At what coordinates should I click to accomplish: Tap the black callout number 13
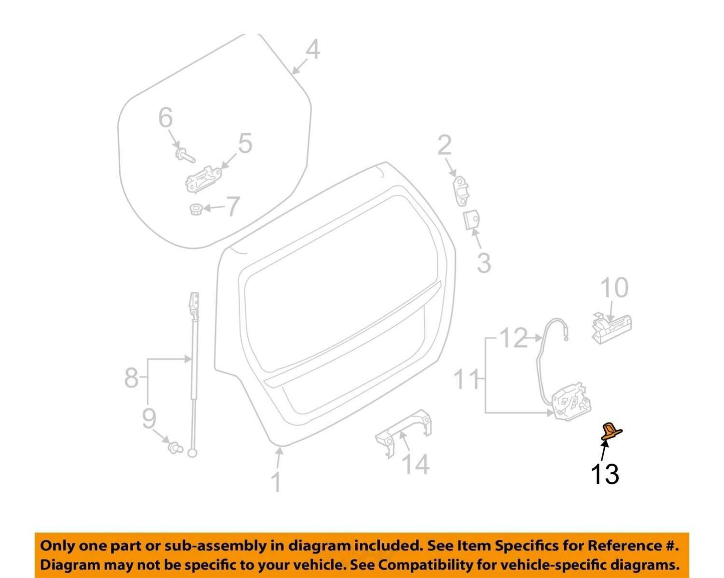pyautogui.click(x=605, y=474)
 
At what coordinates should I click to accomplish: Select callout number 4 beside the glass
pyautogui.click(x=313, y=50)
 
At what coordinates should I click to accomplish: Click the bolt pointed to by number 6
pyautogui.click(x=185, y=155)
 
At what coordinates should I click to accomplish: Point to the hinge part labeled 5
pyautogui.click(x=204, y=180)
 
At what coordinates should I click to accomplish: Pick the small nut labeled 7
pyautogui.click(x=195, y=210)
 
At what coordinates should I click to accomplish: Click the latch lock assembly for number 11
pyautogui.click(x=571, y=402)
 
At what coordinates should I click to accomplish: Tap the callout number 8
pyautogui.click(x=132, y=377)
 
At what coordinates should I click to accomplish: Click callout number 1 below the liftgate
pyautogui.click(x=276, y=483)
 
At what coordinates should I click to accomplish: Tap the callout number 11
pyautogui.click(x=466, y=379)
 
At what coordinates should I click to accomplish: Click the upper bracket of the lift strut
pyautogui.click(x=194, y=304)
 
